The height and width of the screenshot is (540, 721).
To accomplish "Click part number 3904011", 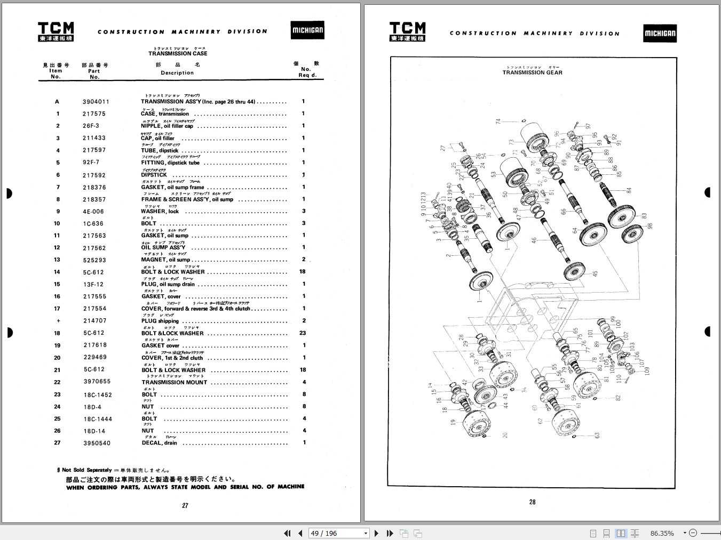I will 96,101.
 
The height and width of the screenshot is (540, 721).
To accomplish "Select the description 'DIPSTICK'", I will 154,175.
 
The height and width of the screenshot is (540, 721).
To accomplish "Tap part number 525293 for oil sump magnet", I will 94,260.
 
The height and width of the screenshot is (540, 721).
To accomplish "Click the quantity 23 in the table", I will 303,333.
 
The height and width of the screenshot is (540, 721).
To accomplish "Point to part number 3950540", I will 97,443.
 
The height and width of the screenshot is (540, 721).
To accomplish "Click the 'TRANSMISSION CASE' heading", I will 178,53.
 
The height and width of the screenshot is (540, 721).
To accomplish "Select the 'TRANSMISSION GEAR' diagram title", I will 532,72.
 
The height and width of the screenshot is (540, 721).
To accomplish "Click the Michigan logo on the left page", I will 307,30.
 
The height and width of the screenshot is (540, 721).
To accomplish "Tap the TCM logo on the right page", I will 408,31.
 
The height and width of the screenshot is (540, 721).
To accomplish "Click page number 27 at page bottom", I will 185,505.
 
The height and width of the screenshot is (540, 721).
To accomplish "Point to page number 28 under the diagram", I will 532,502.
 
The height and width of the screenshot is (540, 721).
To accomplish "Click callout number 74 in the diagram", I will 498,122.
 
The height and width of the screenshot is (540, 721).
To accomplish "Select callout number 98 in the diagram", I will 649,225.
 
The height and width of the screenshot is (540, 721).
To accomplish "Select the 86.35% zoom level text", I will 662,533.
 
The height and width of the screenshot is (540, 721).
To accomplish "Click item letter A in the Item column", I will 57,102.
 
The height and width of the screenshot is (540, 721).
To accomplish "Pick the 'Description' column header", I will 177,72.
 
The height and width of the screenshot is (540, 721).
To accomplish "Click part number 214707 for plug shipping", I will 94,321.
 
